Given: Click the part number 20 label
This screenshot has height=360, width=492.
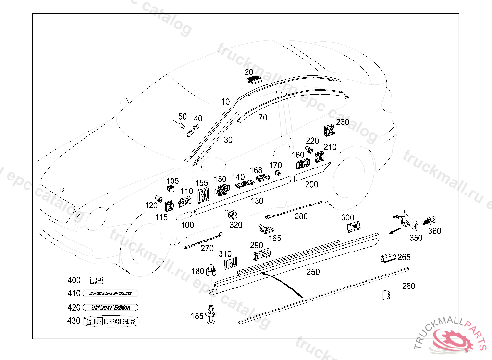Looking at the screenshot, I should click(249, 72).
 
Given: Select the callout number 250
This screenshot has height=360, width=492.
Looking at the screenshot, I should click(313, 272).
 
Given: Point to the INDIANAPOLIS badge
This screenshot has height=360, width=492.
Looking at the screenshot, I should click(111, 293).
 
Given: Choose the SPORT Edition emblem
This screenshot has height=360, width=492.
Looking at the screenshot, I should click(111, 307).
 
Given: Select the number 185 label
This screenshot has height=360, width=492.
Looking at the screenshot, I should click(197, 316).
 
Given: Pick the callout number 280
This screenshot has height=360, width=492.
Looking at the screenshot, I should click(301, 216).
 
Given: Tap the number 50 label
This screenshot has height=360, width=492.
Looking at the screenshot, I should click(183, 116).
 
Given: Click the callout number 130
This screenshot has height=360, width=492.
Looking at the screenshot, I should click(257, 201).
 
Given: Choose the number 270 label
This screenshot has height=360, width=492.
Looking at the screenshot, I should click(207, 248).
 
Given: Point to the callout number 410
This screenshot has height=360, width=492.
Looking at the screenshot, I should click(74, 294).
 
